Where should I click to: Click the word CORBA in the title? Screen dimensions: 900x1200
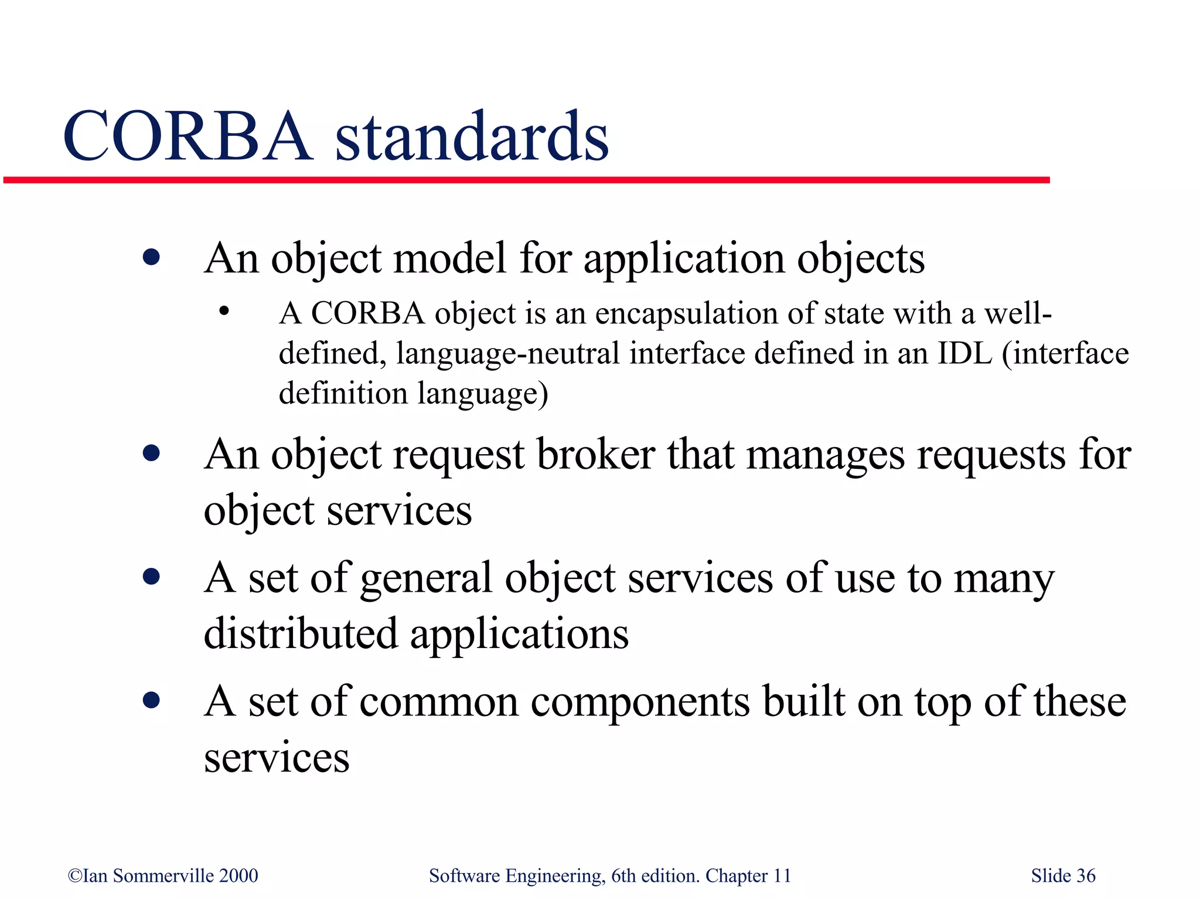coord(187,137)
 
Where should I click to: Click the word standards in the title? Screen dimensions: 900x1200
coord(472,137)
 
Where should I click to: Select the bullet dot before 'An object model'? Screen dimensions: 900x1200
coord(151,257)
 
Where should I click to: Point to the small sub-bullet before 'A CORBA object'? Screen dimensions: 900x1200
coord(223,312)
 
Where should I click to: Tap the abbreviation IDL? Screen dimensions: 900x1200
coord(964,353)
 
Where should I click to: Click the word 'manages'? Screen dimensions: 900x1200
coord(825,455)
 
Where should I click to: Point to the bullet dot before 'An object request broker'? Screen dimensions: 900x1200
coord(151,453)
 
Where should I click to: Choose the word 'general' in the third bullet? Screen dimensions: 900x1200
coord(426,579)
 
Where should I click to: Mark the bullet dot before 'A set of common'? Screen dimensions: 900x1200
coord(151,700)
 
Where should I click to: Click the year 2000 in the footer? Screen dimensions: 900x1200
coord(238,876)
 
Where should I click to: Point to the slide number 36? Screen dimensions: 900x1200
coord(1086,876)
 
